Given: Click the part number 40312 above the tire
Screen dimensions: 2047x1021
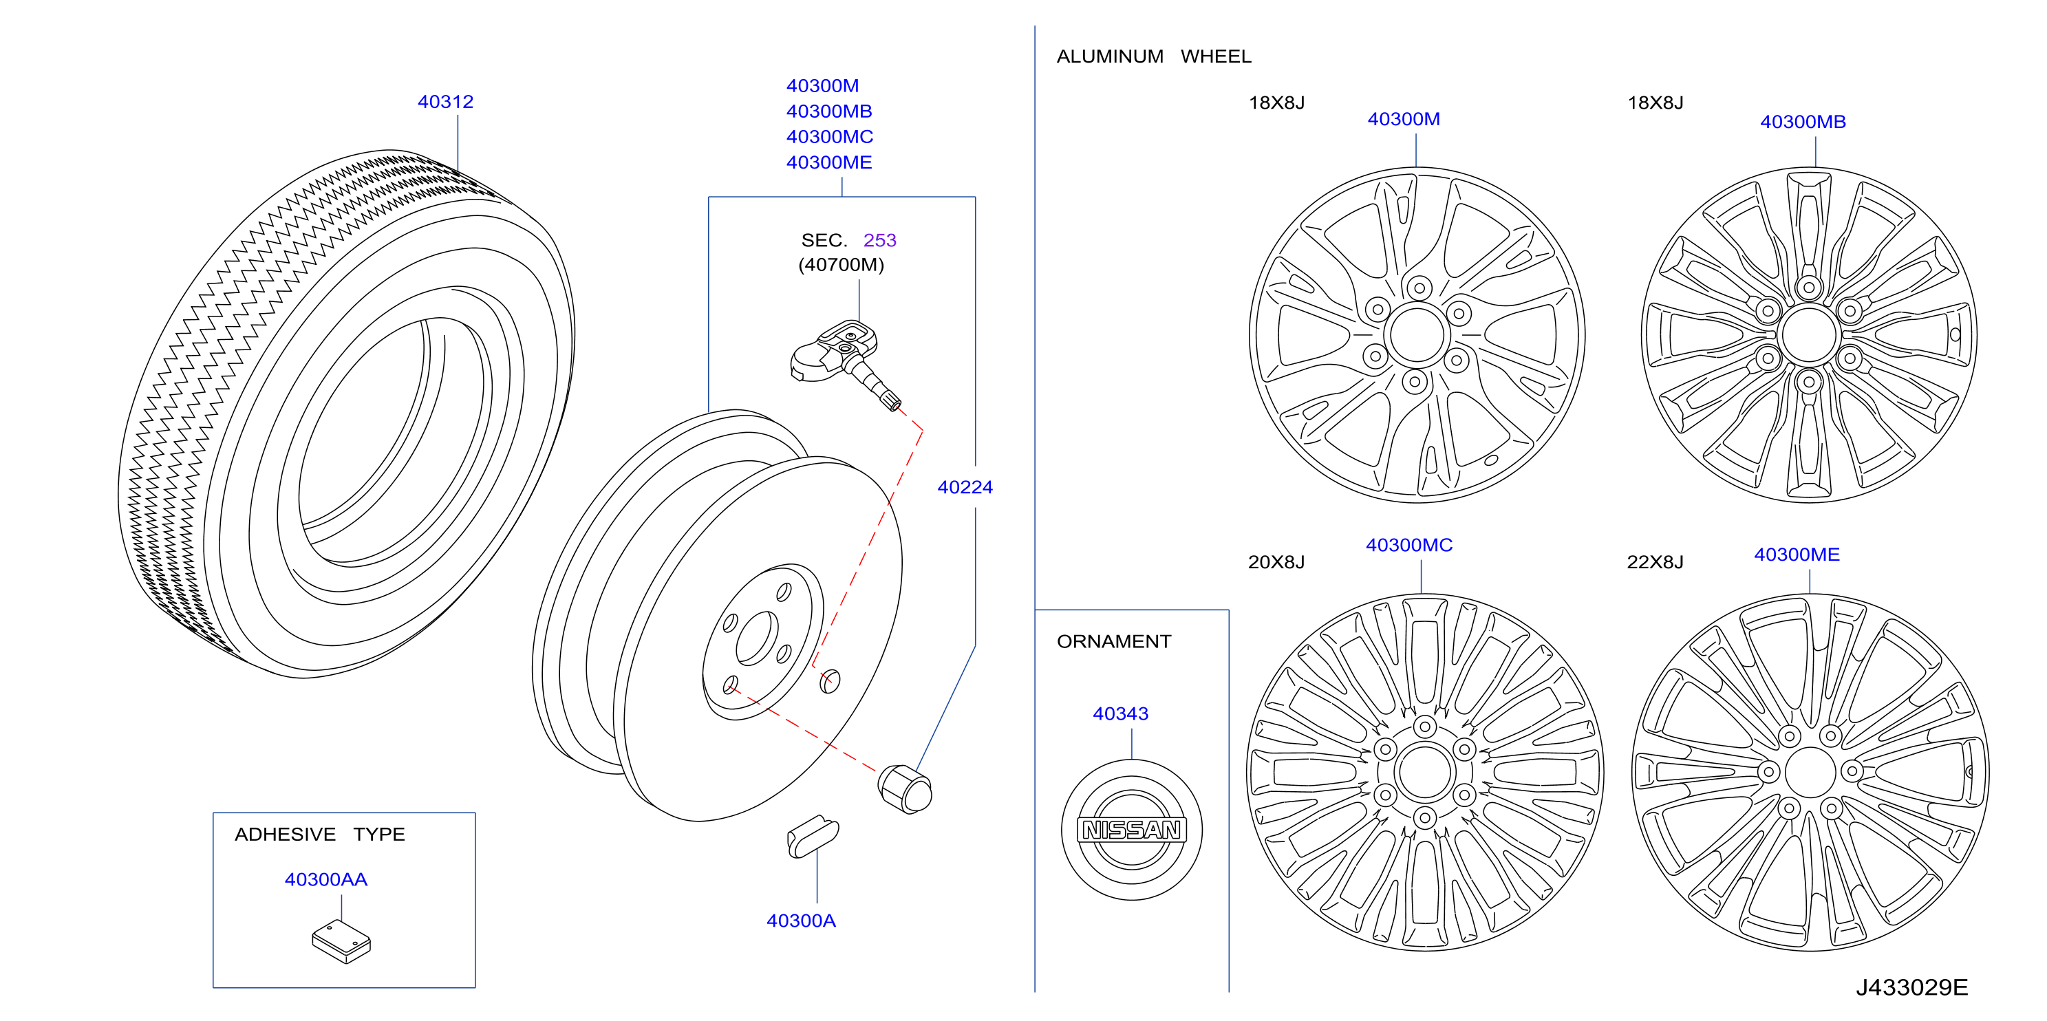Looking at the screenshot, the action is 445,102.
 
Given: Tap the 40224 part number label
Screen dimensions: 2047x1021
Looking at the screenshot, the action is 965,487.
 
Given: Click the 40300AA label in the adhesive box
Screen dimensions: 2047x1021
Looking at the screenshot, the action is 326,879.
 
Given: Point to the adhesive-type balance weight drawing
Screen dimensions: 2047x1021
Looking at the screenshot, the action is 342,942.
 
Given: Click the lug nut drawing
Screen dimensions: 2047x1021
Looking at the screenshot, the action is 904,788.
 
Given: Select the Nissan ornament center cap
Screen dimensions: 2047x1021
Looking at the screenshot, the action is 1132,830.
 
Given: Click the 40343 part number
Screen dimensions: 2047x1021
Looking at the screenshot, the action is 1120,713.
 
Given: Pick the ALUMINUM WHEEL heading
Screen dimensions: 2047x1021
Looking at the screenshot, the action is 1154,56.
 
